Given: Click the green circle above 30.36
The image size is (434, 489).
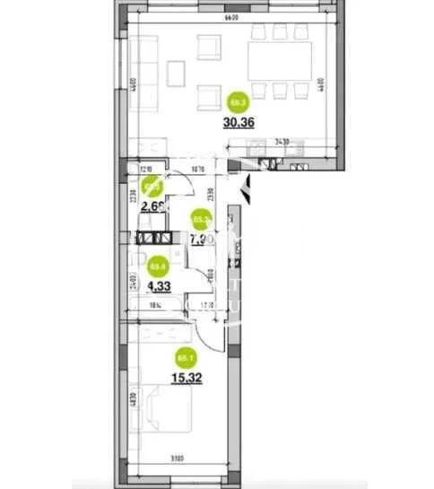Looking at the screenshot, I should [x=238, y=101].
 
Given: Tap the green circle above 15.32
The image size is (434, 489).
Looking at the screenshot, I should [x=186, y=359].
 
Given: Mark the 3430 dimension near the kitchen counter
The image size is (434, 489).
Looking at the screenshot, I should [x=280, y=141].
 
